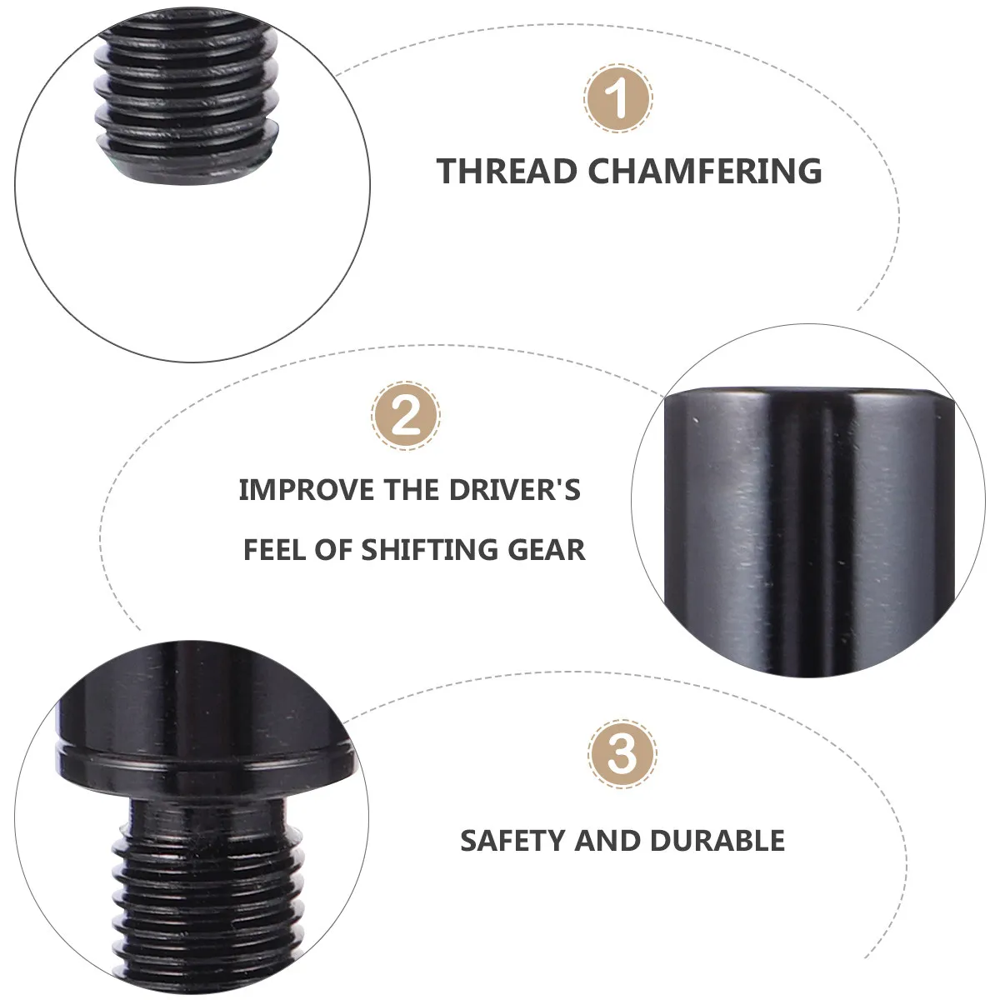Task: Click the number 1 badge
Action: pyautogui.click(x=618, y=98)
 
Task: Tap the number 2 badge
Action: pyautogui.click(x=406, y=416)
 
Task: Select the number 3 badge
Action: pyautogui.click(x=622, y=754)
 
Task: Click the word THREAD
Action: pyautogui.click(x=507, y=171)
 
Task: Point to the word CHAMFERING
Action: pyautogui.click(x=705, y=171)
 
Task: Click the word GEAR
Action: pyautogui.click(x=547, y=549)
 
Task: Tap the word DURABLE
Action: pyautogui.click(x=717, y=840)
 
